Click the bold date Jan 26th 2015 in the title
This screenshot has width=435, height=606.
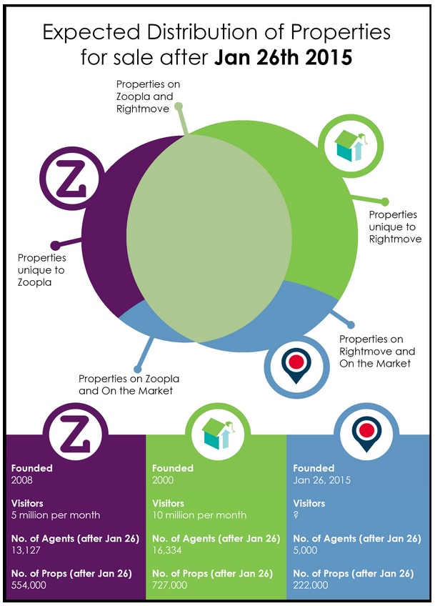[283, 56]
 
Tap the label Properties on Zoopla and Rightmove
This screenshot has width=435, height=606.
[148, 96]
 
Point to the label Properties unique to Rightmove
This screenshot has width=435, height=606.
[394, 226]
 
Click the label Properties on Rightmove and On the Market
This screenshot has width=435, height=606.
[376, 351]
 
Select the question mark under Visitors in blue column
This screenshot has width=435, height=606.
[296, 515]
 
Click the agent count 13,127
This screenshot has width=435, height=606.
[26, 550]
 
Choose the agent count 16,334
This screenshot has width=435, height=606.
[169, 550]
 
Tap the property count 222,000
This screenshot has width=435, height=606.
[312, 585]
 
